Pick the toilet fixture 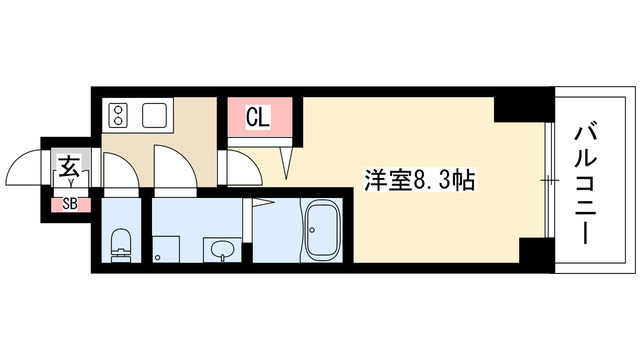click(x=121, y=241)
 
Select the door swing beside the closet click(x=242, y=166)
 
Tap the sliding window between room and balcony click(x=548, y=181)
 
